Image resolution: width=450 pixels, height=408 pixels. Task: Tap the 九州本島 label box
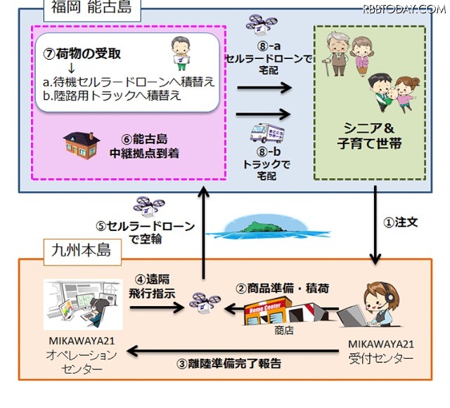click(x=78, y=249)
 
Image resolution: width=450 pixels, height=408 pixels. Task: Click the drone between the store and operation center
click(x=203, y=304)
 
